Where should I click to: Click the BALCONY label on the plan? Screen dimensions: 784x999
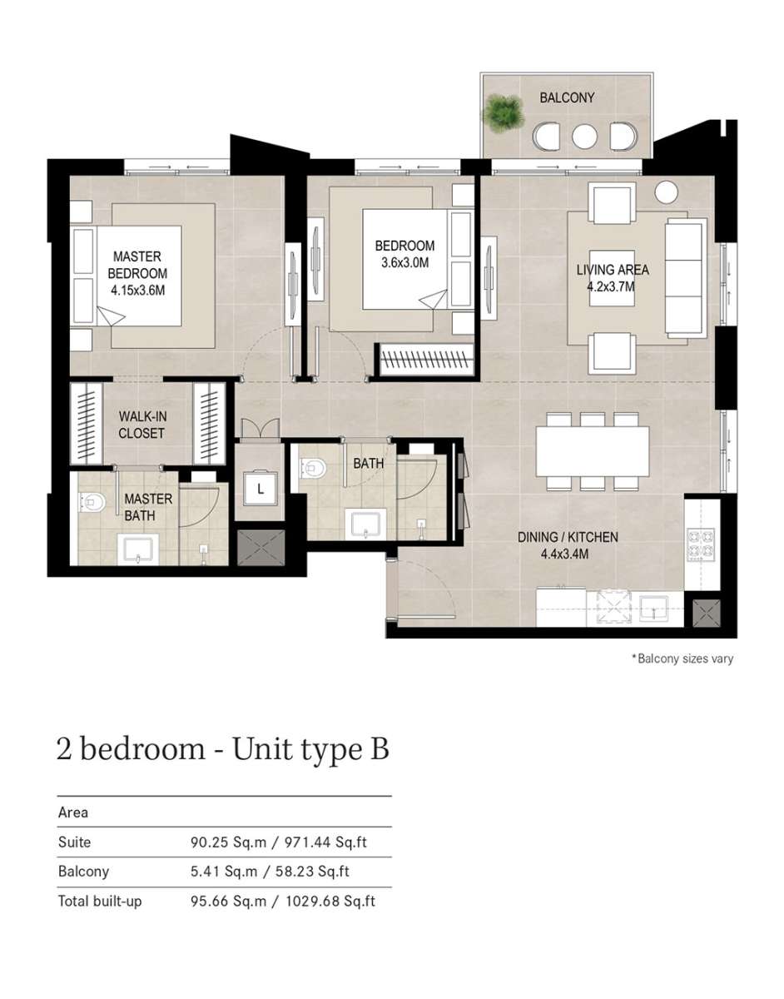pos(566,97)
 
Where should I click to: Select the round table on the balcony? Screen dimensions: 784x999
pos(584,137)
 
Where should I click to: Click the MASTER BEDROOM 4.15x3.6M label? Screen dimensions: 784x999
pos(137,273)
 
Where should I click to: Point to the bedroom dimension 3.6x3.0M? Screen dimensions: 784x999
pos(404,263)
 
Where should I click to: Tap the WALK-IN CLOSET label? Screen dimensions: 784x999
pos(142,425)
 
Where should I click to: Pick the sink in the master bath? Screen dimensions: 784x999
pos(138,549)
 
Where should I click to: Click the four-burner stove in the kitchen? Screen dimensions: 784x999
pos(701,544)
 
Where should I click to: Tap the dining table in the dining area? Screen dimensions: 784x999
pos(593,451)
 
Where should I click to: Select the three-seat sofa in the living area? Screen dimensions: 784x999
pos(686,278)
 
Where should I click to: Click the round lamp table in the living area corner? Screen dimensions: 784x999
pos(666,191)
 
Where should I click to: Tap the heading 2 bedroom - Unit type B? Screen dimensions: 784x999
pos(223,749)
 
